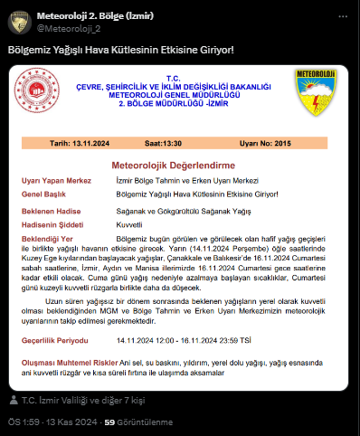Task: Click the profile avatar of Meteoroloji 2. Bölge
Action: [20, 22]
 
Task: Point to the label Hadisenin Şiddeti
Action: [55, 223]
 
